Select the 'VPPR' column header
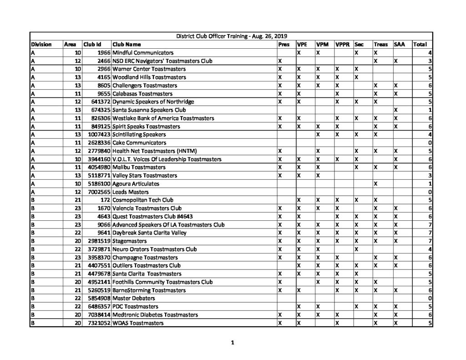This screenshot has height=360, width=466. [x=342, y=45]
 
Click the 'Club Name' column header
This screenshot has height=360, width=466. [x=126, y=45]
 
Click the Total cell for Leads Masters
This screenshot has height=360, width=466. [x=430, y=192]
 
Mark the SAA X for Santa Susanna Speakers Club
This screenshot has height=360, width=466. [x=395, y=110]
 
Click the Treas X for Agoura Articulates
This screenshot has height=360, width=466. [x=375, y=184]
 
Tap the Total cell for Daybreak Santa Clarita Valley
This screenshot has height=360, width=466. [x=430, y=233]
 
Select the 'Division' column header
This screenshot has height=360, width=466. [x=41, y=45]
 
